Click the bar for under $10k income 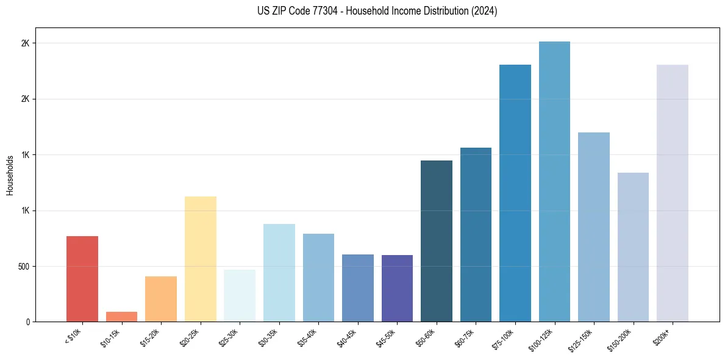82,279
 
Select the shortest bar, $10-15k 121,317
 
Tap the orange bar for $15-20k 161,299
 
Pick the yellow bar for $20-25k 201,259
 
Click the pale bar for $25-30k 240,295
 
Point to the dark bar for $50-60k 437,241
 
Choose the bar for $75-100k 515,193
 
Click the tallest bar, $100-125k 554,181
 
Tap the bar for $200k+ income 673,193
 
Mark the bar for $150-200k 633,247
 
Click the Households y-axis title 10,175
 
